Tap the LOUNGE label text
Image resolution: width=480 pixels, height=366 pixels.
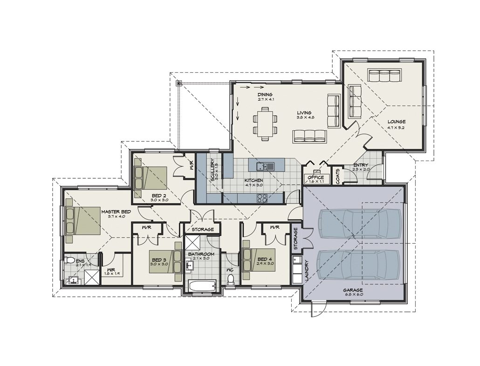(396, 122)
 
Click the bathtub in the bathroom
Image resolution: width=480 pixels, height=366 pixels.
(201, 285)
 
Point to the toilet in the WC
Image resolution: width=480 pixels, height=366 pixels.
(230, 279)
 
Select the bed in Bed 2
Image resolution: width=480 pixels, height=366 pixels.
(151, 178)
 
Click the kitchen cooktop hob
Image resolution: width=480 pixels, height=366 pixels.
(262, 197)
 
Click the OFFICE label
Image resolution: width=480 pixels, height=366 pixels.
(315, 177)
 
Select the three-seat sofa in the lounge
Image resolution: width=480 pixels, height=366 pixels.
(385, 75)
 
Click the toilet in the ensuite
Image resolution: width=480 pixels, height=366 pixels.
(69, 260)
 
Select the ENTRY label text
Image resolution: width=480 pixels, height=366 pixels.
(361, 165)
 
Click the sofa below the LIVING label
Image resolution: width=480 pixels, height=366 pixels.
(309, 136)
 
